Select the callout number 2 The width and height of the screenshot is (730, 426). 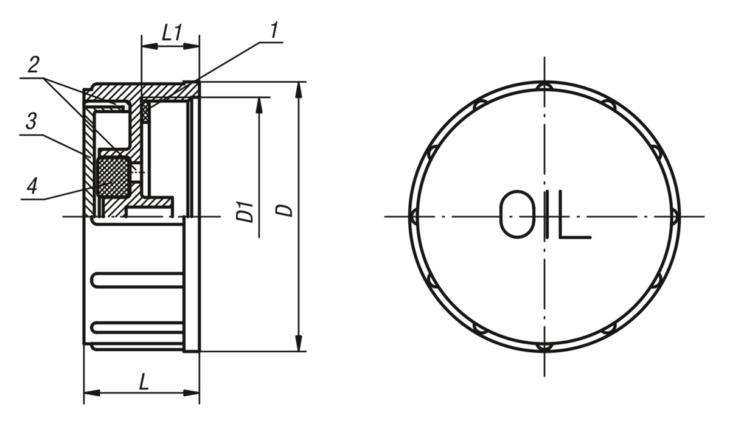click(x=33, y=65)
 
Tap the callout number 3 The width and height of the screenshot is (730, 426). click(x=31, y=121)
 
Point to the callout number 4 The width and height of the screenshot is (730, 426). click(x=32, y=186)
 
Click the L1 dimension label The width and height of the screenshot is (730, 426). click(x=172, y=33)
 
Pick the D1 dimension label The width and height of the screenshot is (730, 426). click(x=245, y=212)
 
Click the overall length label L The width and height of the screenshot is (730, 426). click(x=144, y=382)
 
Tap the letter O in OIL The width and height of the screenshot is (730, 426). click(x=518, y=214)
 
